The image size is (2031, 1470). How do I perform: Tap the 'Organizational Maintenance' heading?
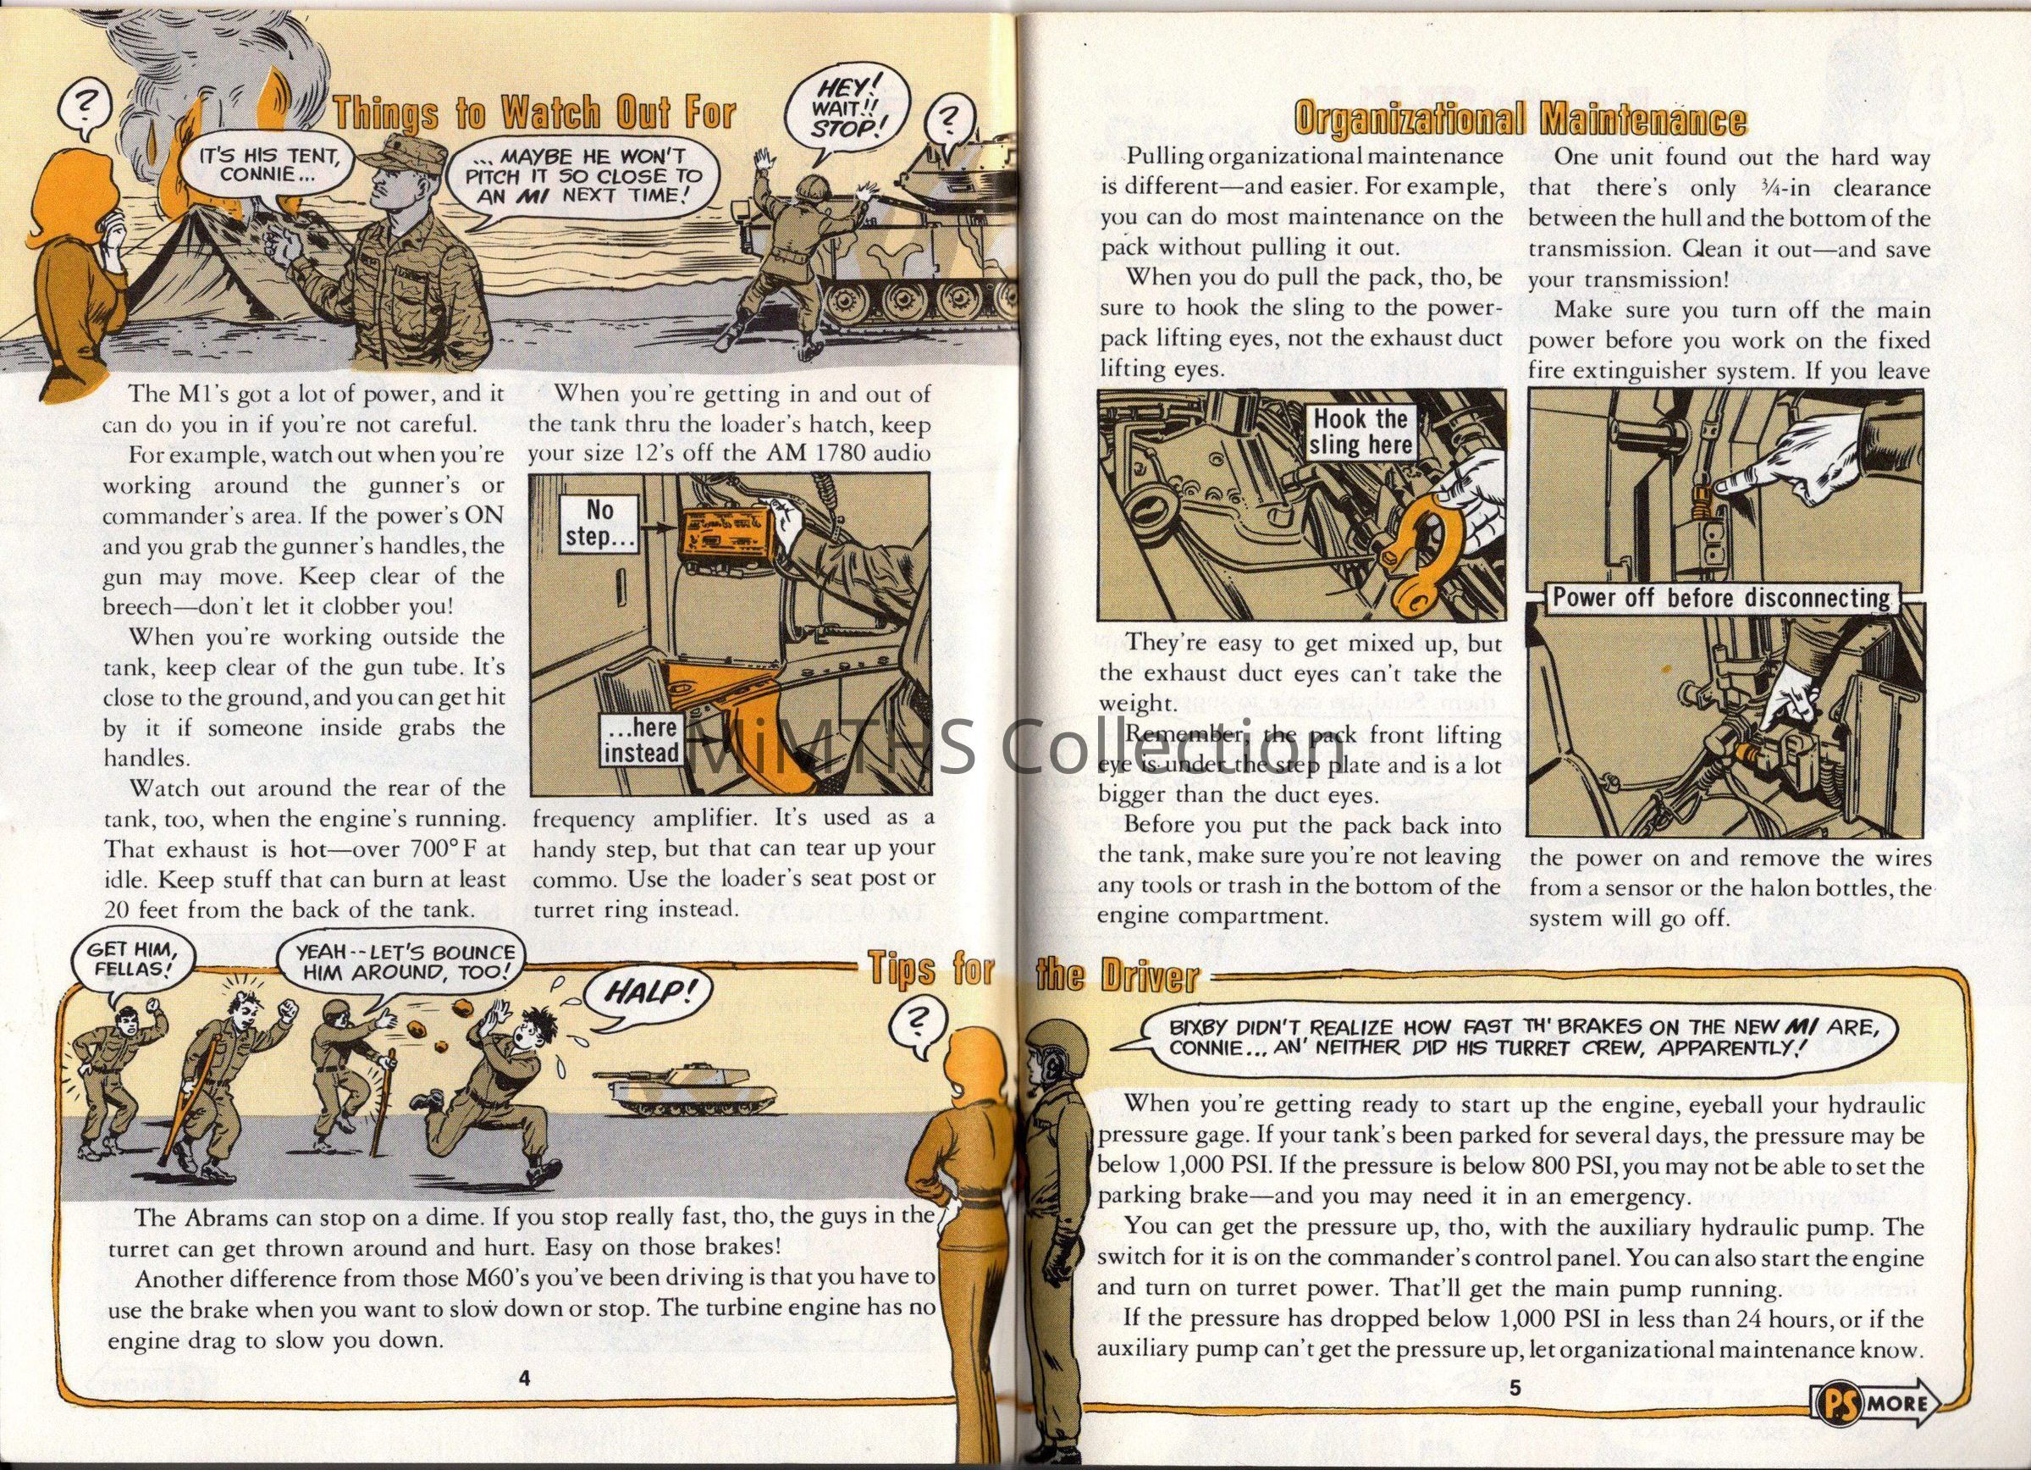pyautogui.click(x=1520, y=119)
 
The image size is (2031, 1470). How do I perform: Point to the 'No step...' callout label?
pyautogui.click(x=599, y=524)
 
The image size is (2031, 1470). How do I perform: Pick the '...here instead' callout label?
pyautogui.click(x=640, y=740)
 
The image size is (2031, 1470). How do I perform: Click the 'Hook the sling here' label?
pyautogui.click(x=1360, y=433)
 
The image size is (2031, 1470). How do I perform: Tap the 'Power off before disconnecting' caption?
pyautogui.click(x=1720, y=598)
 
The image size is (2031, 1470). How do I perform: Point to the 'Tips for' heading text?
pyautogui.click(x=931, y=970)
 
